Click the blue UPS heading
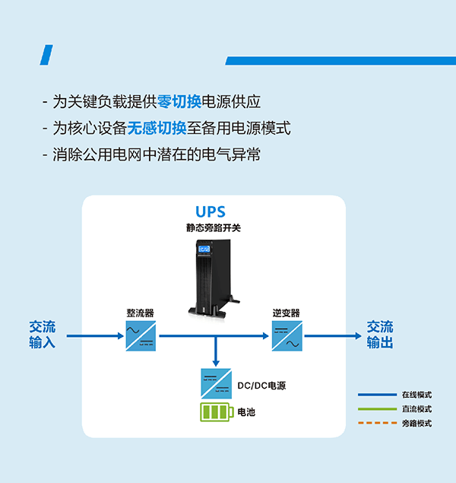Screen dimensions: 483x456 211,211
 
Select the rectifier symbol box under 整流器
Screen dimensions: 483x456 141,335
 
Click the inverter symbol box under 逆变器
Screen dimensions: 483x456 287,335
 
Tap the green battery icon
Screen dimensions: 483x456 216,412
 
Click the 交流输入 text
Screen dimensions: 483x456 43,335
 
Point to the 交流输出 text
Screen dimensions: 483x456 380,335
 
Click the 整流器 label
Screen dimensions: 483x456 141,313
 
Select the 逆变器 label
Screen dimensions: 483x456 287,313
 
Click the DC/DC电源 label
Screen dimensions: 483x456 261,386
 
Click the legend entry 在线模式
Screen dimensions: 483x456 416,395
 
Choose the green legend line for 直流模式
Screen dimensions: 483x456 377,409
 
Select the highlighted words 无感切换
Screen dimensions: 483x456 157,128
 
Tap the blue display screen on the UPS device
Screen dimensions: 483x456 204,249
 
